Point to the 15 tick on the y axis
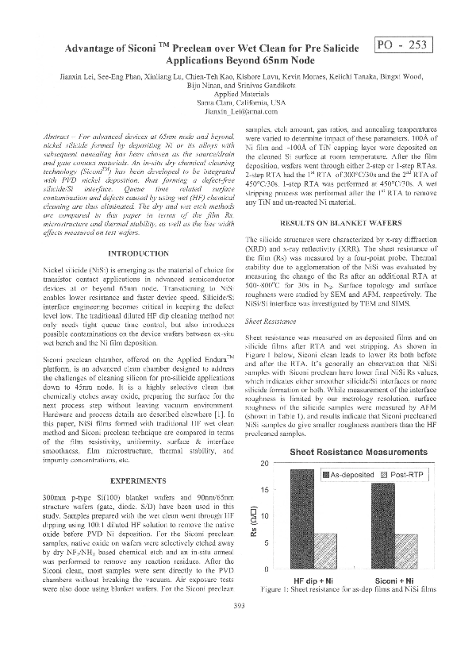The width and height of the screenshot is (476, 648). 265,489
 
